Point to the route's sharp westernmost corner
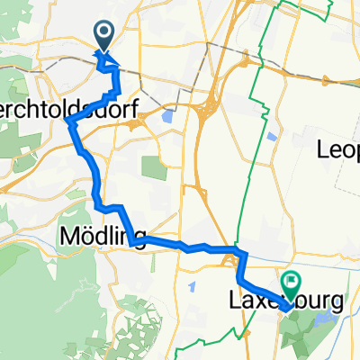pyautogui.click(x=69, y=125)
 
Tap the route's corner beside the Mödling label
pyautogui.click(x=131, y=240)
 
